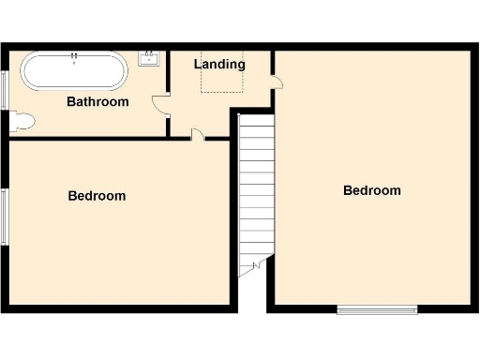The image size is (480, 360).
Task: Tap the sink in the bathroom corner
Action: point(149,59)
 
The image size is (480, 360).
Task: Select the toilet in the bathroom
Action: point(22,121)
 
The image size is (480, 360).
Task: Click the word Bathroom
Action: point(97,101)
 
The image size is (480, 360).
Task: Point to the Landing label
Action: point(219,65)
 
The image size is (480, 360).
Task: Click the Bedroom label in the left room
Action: point(97,196)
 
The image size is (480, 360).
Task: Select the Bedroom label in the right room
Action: point(371,190)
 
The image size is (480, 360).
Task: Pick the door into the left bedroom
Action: point(197,136)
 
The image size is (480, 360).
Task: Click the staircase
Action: point(255,187)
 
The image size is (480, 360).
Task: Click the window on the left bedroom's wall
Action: point(6,216)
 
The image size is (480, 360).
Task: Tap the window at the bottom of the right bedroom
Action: point(377,308)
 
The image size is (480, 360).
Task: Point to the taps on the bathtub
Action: point(73,58)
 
